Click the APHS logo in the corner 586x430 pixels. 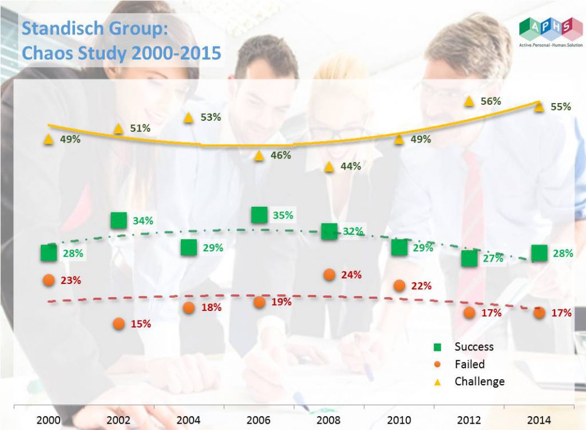(x=551, y=32)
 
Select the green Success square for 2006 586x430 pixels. (x=259, y=215)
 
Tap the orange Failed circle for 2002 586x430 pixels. (x=119, y=324)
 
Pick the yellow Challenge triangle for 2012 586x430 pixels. (x=469, y=101)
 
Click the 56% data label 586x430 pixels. (x=490, y=101)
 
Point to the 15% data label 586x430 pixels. (x=141, y=324)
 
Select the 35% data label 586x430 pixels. (x=283, y=215)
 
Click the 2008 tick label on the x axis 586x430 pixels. (x=328, y=420)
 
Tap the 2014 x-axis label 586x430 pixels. (x=539, y=420)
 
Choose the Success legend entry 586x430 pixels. (x=464, y=346)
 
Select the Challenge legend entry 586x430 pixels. (x=469, y=381)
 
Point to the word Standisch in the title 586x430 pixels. (x=62, y=29)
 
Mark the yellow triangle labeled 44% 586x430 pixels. (x=329, y=167)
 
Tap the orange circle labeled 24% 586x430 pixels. (x=329, y=274)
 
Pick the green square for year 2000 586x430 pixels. (x=49, y=253)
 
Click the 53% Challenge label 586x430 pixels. (x=211, y=117)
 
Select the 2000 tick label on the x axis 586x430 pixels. (x=48, y=420)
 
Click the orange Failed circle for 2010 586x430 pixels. (x=399, y=286)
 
